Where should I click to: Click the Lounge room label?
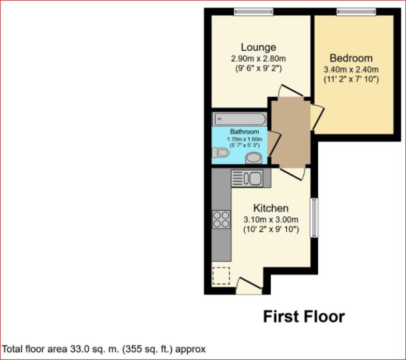coord(258,48)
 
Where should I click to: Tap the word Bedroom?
coord(351,58)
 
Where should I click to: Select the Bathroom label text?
coord(244,132)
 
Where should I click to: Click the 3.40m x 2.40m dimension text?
coord(351,69)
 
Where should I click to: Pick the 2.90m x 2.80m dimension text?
coord(258,59)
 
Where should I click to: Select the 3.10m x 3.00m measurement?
coord(271,219)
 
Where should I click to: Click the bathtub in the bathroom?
coord(239,119)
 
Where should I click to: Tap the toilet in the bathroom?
coord(220,153)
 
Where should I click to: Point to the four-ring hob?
coord(221,219)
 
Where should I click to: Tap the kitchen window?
coord(313,218)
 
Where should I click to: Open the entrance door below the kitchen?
coord(245,284)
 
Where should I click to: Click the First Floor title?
coord(303,316)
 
